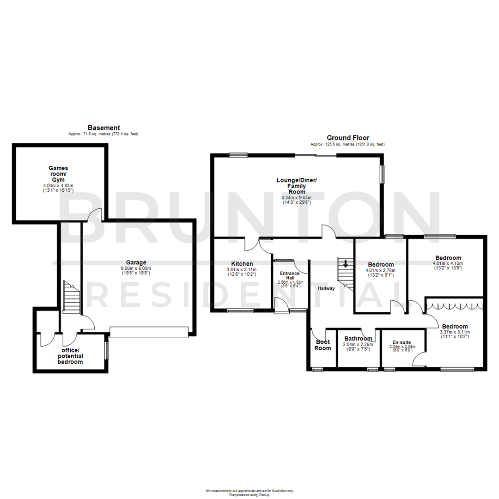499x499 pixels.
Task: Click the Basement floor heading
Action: point(104,128)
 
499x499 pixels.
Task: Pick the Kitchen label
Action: point(242,263)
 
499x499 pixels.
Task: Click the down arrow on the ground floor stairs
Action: point(345,264)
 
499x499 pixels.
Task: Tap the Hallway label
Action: point(326,288)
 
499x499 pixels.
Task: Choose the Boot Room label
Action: point(323,345)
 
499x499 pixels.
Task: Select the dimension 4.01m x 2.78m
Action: point(380,271)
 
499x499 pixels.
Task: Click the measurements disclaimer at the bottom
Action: point(249,490)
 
